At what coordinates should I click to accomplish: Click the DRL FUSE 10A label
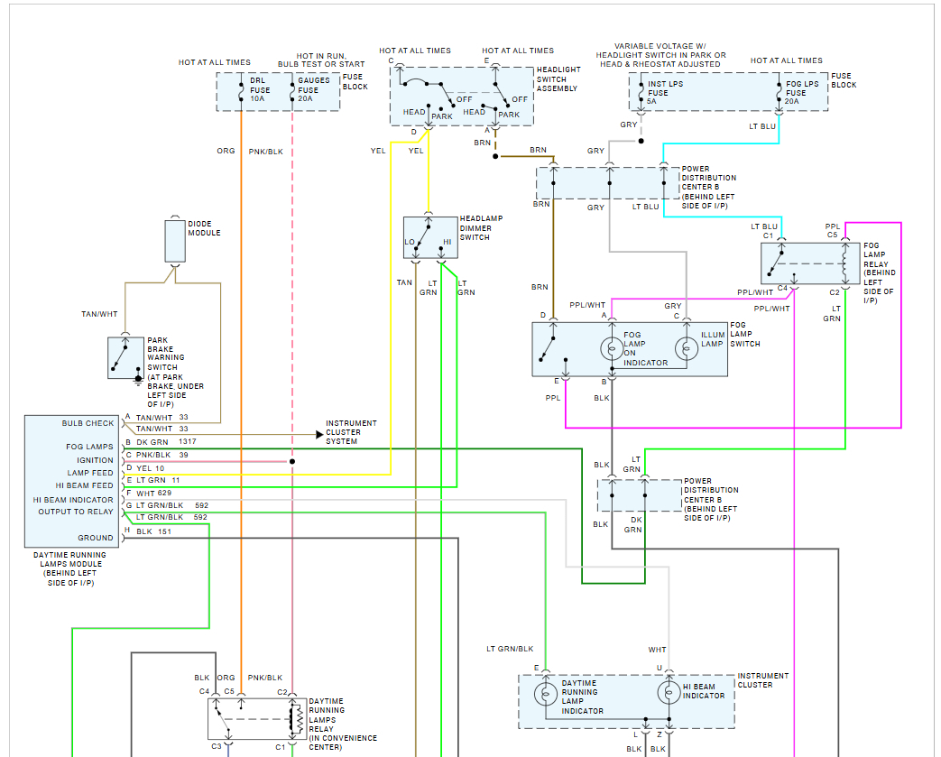pyautogui.click(x=260, y=89)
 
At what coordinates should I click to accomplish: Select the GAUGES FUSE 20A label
pyautogui.click(x=314, y=89)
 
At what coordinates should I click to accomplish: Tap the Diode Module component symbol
pyautogui.click(x=175, y=241)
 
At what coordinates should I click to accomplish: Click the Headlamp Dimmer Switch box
pyautogui.click(x=430, y=237)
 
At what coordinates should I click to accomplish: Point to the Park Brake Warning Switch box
pyautogui.click(x=126, y=358)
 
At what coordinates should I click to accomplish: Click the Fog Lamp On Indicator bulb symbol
pyautogui.click(x=612, y=348)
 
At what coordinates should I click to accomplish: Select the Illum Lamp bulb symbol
pyautogui.click(x=687, y=348)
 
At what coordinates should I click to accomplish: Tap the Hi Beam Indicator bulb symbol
pyautogui.click(x=669, y=693)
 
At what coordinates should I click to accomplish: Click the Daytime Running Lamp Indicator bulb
pyautogui.click(x=546, y=693)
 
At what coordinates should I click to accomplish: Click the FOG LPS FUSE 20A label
pyautogui.click(x=802, y=92)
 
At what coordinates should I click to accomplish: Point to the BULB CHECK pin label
pyautogui.click(x=88, y=423)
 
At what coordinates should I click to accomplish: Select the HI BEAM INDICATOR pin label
pyautogui.click(x=73, y=500)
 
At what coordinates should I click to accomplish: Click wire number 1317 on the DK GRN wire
pyautogui.click(x=188, y=442)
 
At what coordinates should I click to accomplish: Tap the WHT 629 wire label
pyautogui.click(x=153, y=494)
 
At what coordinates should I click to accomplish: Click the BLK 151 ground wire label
pyautogui.click(x=153, y=531)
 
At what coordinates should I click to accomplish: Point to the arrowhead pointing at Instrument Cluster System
pyautogui.click(x=320, y=434)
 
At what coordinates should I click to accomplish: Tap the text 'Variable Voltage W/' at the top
pyautogui.click(x=660, y=46)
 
